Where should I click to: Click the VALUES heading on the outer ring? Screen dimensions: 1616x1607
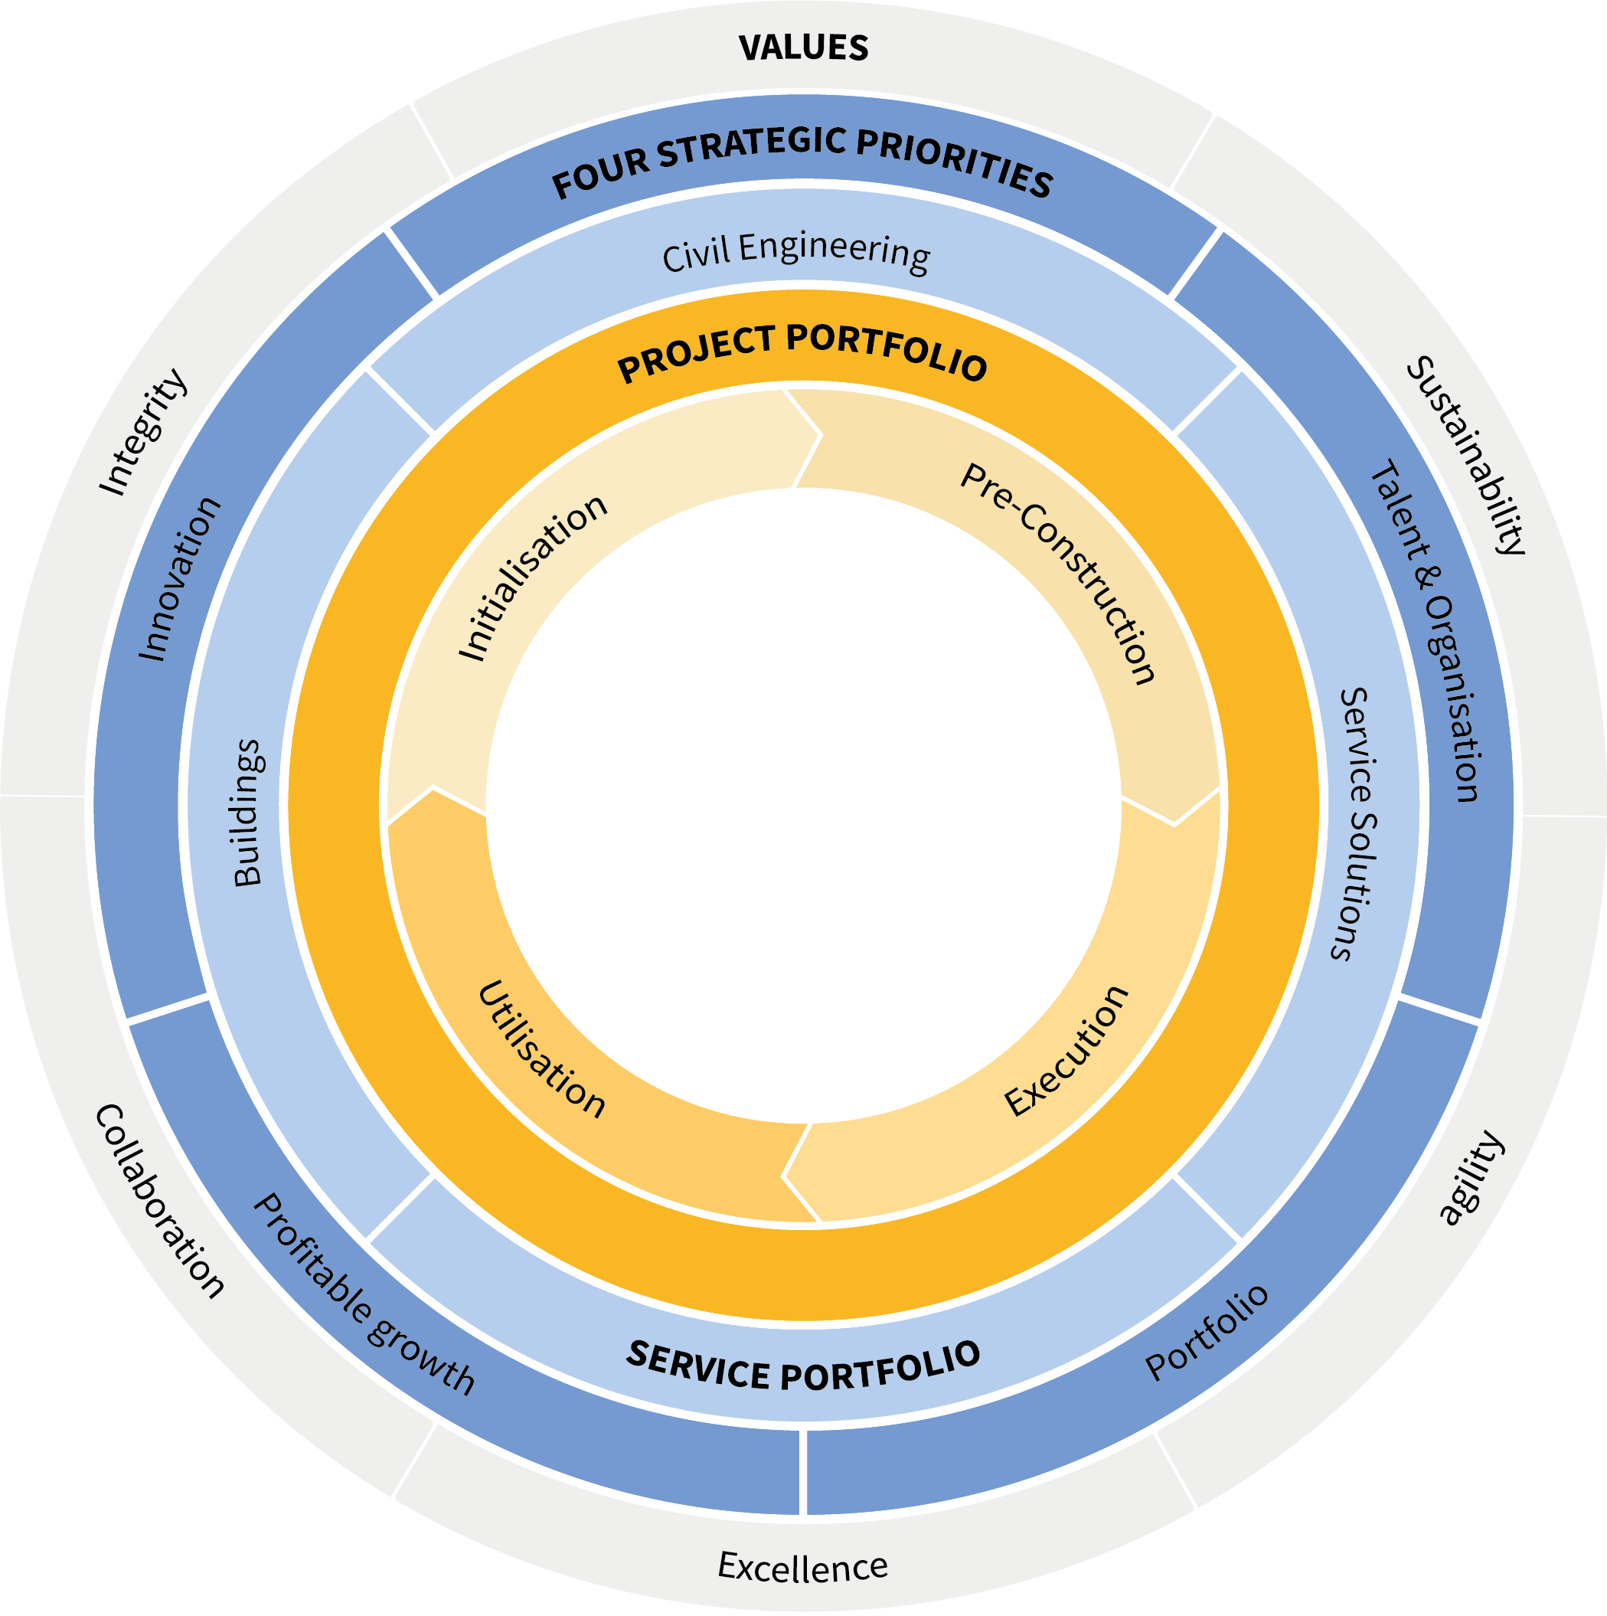[x=804, y=47]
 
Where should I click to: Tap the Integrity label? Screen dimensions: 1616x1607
[x=142, y=433]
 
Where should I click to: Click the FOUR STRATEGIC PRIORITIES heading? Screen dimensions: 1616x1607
[x=802, y=162]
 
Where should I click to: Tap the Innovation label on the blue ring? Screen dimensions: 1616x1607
[x=178, y=579]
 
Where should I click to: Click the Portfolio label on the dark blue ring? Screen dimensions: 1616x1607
[x=1207, y=1333]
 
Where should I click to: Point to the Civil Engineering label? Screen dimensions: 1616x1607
[x=796, y=252]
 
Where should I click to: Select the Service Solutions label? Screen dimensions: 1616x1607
[x=1355, y=824]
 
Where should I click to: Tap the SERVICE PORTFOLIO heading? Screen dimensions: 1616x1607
[x=802, y=1365]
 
